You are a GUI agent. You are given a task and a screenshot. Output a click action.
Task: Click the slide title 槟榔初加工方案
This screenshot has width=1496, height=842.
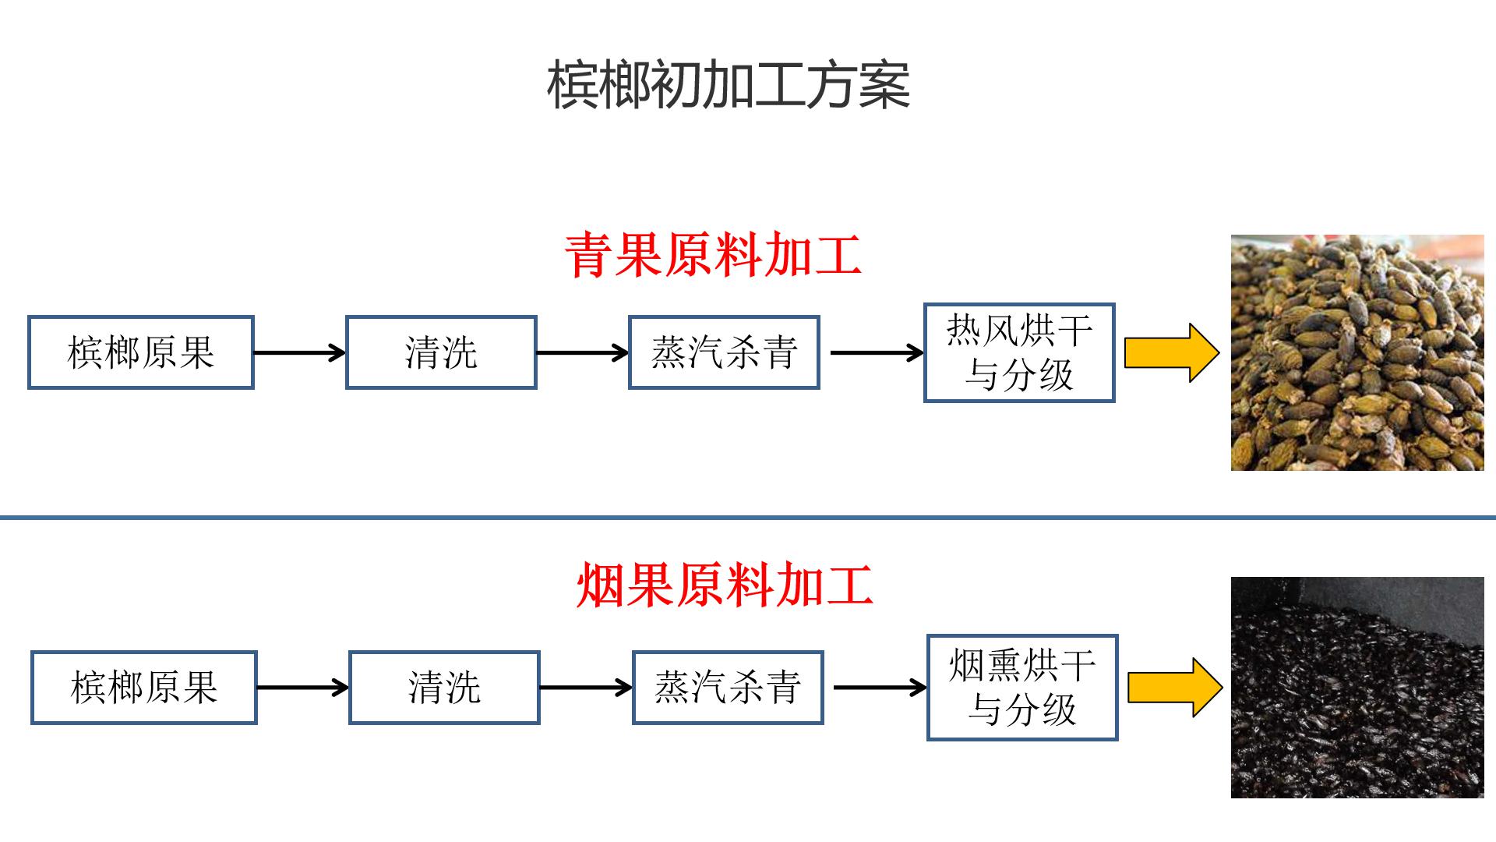(x=729, y=86)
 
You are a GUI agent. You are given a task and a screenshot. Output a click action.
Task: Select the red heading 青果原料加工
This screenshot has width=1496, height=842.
(x=713, y=255)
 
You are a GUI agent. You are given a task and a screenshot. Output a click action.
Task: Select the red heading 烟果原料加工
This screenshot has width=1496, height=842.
(x=724, y=586)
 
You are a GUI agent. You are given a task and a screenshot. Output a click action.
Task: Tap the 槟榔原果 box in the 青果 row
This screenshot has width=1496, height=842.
(x=141, y=352)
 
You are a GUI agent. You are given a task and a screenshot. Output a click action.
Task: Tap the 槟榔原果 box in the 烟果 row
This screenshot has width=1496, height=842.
(x=144, y=688)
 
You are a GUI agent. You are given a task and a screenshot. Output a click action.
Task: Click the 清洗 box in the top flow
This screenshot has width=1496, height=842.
(x=441, y=352)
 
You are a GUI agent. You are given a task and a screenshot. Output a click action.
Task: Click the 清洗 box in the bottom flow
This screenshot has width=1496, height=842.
(x=444, y=688)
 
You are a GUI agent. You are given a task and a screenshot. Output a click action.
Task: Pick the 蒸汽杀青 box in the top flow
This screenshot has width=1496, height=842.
(x=724, y=352)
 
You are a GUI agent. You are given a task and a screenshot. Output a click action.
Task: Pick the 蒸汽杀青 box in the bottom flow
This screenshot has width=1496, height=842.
(x=727, y=688)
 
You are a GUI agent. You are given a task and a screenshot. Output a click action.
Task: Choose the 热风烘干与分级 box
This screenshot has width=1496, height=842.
(x=1019, y=352)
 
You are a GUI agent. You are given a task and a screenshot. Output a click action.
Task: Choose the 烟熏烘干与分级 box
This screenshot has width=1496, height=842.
(x=1022, y=688)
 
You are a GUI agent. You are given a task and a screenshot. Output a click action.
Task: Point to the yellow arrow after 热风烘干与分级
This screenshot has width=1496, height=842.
(x=1171, y=353)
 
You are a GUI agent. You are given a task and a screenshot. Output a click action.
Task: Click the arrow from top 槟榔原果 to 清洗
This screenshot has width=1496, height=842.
(x=299, y=353)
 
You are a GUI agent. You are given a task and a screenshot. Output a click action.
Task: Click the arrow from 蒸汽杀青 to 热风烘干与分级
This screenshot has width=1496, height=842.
(x=877, y=353)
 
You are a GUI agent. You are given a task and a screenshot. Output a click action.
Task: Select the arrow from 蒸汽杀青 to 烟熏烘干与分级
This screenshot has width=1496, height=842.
(x=880, y=688)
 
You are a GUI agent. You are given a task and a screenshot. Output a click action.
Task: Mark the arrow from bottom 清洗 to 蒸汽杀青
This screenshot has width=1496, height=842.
(x=585, y=688)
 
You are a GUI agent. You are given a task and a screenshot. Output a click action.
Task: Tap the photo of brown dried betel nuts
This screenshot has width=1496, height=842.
(x=1357, y=352)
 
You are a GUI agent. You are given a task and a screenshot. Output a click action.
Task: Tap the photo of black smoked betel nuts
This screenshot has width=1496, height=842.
(x=1357, y=688)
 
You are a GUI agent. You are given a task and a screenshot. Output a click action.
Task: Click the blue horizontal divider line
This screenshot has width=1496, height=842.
(x=748, y=517)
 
